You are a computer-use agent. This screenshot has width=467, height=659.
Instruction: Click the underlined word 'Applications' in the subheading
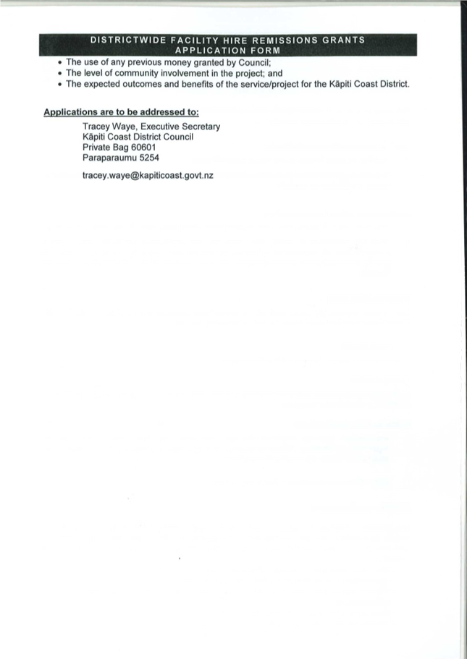point(72,113)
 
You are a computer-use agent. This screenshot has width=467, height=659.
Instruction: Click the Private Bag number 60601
point(143,147)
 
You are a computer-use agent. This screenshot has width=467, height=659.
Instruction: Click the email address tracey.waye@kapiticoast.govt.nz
point(147,176)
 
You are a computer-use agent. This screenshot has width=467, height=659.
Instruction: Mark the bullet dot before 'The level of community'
point(58,73)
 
